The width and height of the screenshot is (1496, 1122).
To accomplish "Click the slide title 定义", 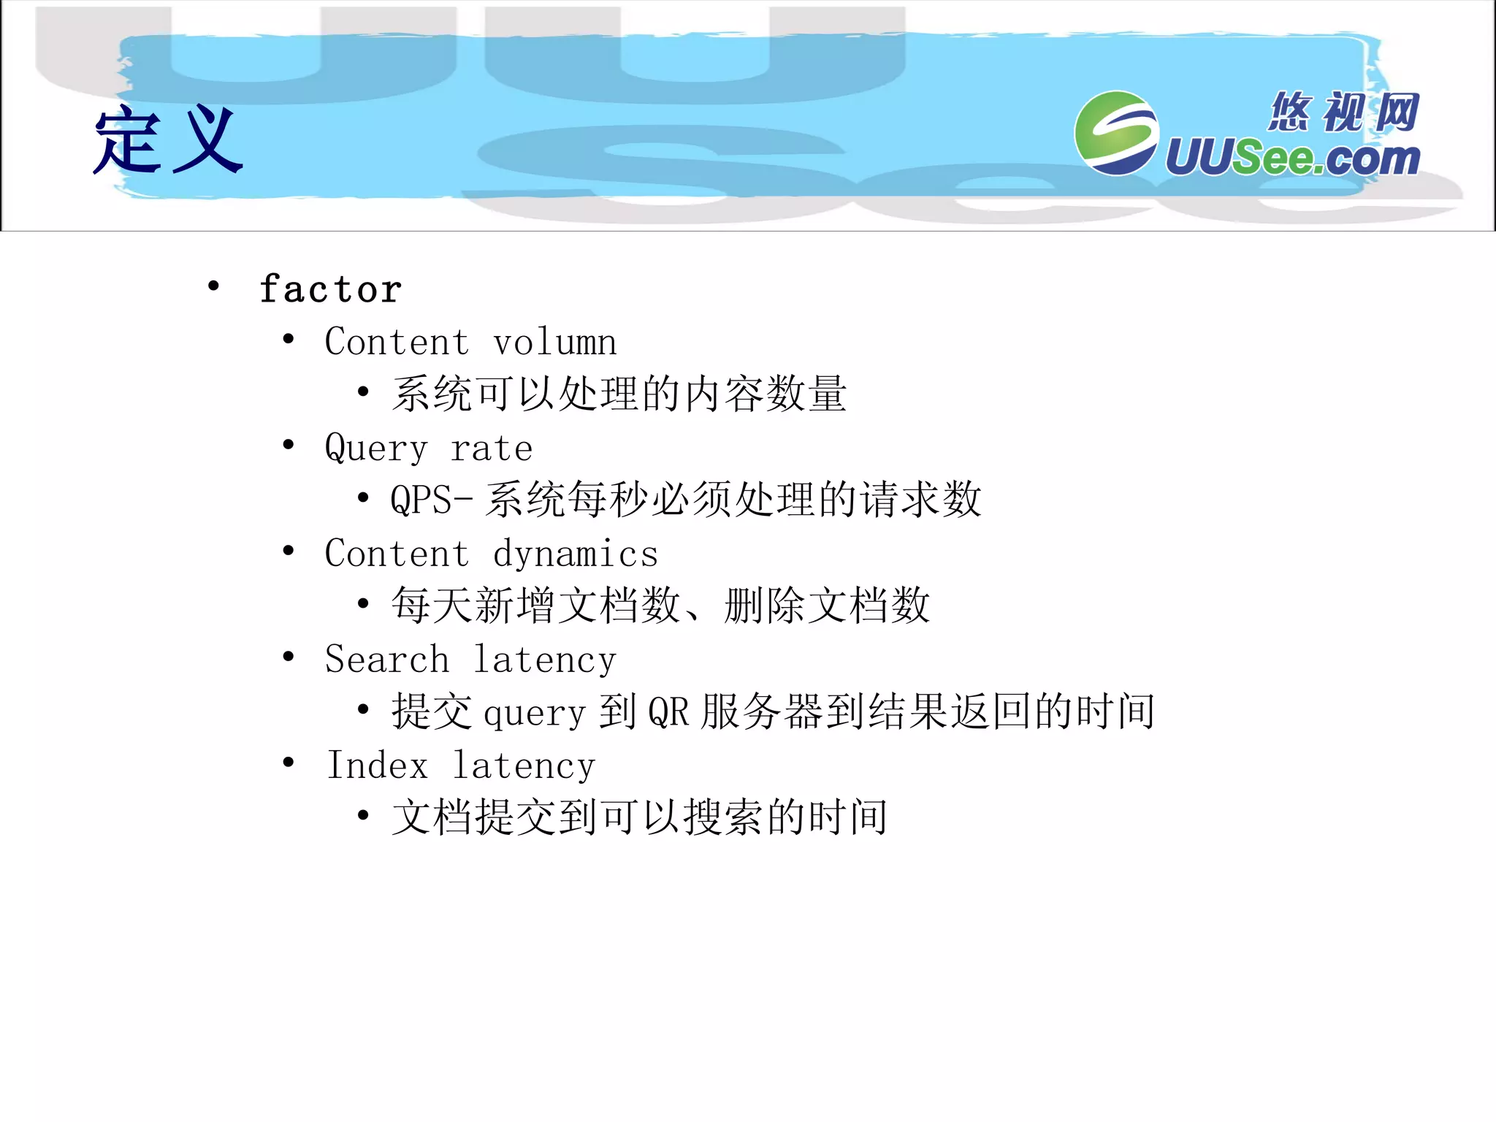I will click(x=168, y=140).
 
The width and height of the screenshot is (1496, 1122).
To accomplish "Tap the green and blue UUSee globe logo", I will click(x=1115, y=133).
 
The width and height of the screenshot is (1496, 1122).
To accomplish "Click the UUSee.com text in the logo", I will click(x=1292, y=158).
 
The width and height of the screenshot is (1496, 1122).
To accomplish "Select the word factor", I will click(x=330, y=289).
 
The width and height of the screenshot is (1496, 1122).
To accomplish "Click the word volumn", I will click(x=554, y=343).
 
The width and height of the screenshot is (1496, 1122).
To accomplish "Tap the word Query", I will click(x=376, y=448).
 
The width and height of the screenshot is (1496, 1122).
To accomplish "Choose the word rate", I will click(x=492, y=449).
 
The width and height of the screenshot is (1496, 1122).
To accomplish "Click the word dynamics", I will click(x=576, y=554).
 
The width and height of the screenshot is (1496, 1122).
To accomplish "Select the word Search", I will click(x=387, y=659).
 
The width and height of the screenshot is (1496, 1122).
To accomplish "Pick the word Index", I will click(x=377, y=765).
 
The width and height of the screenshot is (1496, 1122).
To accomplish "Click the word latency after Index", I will click(x=524, y=766).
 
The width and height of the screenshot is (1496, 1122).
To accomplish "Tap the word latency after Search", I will click(x=545, y=660).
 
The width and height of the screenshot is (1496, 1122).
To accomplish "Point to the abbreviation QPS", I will click(x=421, y=500).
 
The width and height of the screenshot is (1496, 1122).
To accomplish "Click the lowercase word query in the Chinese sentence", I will click(x=535, y=712).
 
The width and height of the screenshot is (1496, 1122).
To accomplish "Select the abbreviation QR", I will click(x=668, y=711).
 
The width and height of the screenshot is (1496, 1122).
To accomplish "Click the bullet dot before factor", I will click(x=213, y=286).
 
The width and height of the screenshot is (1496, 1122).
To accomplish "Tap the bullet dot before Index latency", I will click(x=289, y=762).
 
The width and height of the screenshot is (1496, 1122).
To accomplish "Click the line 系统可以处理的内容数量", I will click(x=619, y=394).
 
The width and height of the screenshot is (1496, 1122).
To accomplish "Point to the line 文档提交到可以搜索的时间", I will click(x=640, y=817).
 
